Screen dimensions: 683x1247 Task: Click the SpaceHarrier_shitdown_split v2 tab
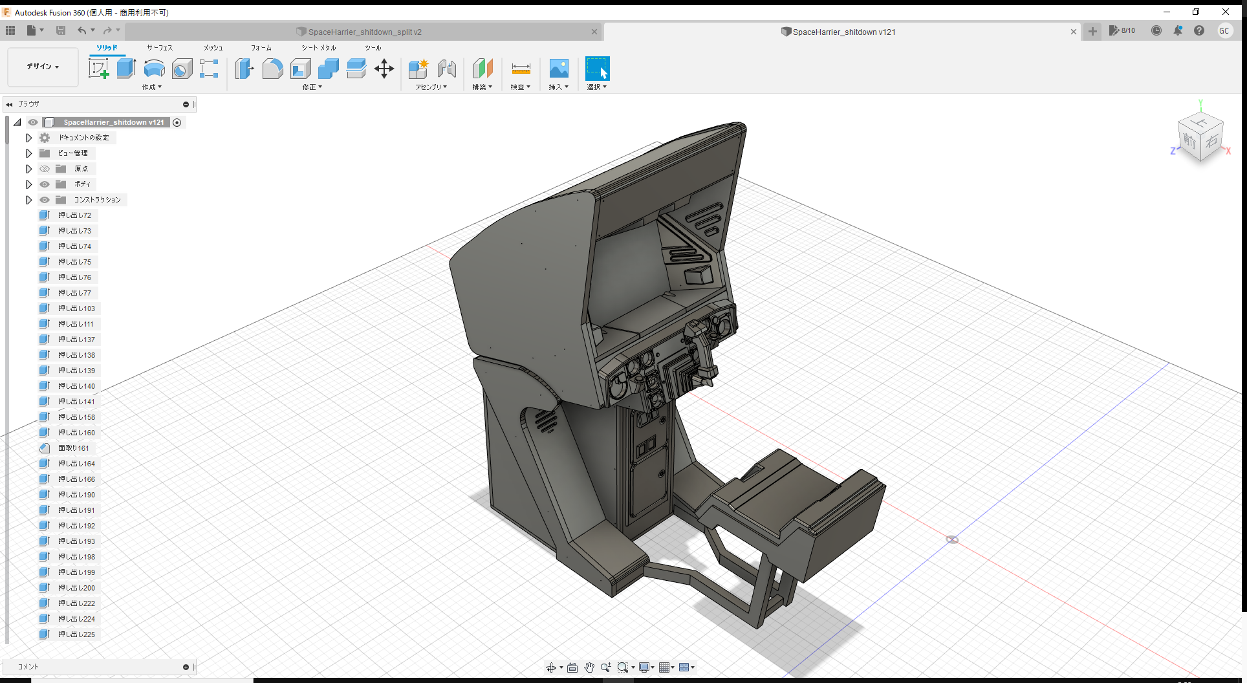click(x=364, y=32)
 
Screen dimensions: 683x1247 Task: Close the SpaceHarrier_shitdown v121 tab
click(x=1074, y=32)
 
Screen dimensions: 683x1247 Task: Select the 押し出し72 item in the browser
click(x=74, y=215)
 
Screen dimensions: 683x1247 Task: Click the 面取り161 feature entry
click(x=73, y=448)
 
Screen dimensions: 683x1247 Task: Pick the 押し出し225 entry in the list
click(x=76, y=634)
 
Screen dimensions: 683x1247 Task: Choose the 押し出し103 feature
click(x=76, y=309)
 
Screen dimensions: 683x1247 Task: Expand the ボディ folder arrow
click(x=28, y=184)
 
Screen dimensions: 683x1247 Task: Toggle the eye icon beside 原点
click(x=45, y=169)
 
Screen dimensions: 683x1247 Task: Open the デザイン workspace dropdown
click(x=43, y=67)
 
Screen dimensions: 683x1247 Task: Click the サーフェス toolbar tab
click(x=160, y=48)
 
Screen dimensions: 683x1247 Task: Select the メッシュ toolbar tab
click(x=213, y=48)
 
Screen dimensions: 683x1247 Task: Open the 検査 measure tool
click(x=521, y=69)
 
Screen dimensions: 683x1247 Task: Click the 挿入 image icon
click(x=558, y=69)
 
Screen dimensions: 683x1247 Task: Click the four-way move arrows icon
click(x=384, y=69)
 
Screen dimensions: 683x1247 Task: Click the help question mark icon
click(x=1199, y=30)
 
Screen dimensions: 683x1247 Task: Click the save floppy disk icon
click(x=61, y=30)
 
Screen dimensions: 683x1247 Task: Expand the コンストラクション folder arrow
click(x=28, y=200)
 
